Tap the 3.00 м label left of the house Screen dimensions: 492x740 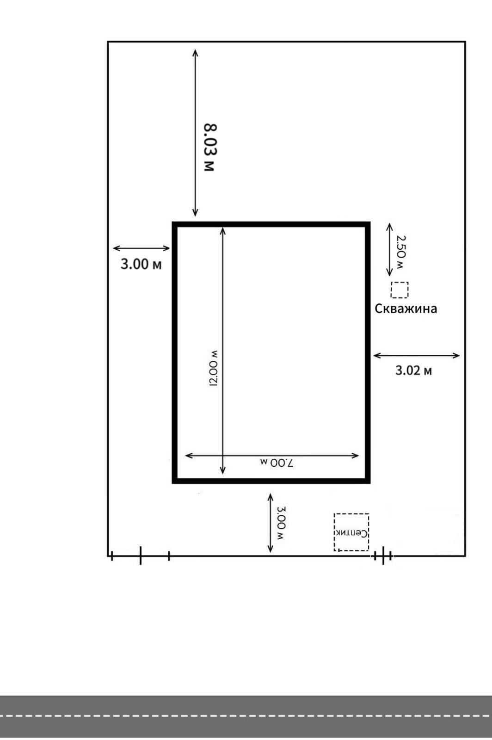pos(141,264)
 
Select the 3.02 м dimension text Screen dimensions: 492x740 pos(413,370)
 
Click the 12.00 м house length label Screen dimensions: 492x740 pos(214,368)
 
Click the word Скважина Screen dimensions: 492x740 pos(406,308)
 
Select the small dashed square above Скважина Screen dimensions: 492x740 pos(400,290)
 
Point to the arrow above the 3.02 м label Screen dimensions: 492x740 pos(416,356)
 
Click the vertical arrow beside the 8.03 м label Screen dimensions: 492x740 pos(195,133)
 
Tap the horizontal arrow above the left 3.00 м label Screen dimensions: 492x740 pos(141,248)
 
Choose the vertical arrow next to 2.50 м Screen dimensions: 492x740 pos(390,249)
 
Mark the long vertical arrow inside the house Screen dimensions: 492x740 pos(223,351)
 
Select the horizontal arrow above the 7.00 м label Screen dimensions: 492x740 pos(272,456)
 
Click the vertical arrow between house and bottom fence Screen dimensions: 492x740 pos(271,523)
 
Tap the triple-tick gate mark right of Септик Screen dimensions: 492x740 pos(383,555)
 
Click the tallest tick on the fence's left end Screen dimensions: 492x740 pos(141,555)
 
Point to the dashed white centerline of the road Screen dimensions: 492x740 pos(246,716)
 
